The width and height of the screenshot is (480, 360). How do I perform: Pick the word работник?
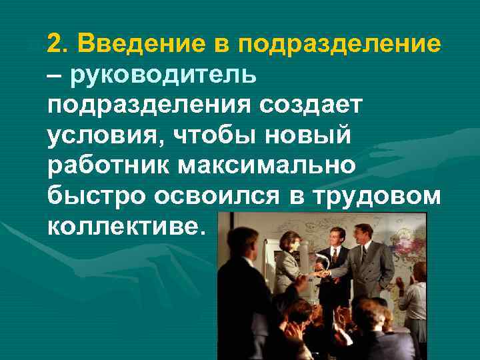108,164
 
